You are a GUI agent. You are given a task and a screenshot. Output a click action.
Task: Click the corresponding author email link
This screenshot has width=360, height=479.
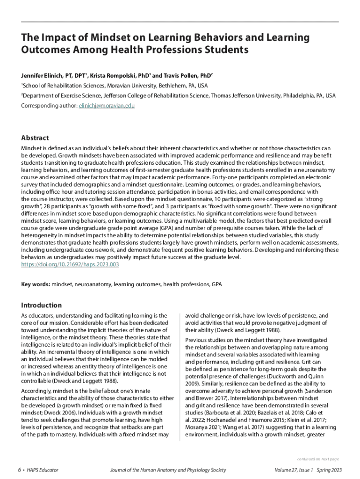coord(106,106)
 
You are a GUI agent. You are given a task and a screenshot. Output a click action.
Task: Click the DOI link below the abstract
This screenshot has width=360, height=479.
coord(70,264)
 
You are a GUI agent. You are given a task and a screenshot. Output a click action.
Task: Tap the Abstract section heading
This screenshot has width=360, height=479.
coord(35,138)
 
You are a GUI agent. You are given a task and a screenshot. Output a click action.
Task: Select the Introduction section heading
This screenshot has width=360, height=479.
coord(42,305)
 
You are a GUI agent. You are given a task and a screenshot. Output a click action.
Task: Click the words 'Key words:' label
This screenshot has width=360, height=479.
coord(36,284)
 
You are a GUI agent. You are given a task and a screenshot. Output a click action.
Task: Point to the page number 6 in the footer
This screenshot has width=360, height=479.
coord(19,470)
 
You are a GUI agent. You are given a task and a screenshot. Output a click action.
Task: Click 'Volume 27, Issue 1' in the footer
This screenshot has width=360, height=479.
coord(295,470)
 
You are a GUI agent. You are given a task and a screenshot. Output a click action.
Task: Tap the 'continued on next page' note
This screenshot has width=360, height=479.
coord(318,459)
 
